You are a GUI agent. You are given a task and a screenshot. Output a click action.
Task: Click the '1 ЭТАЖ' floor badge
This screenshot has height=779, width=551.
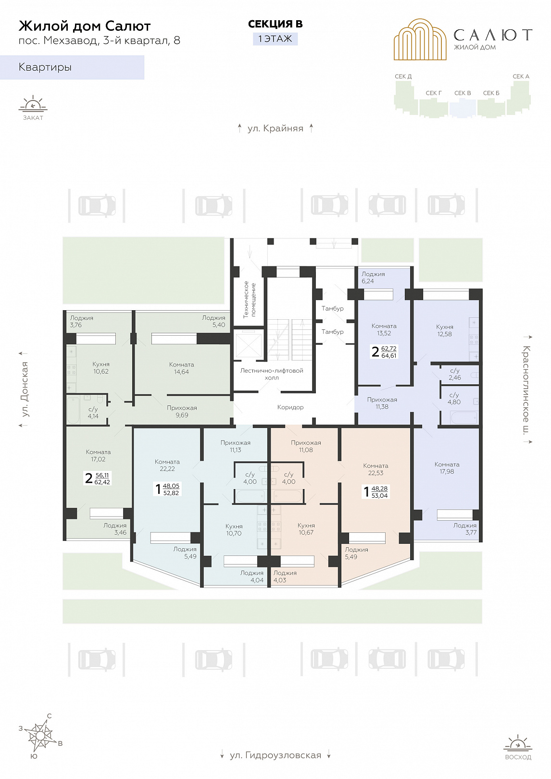tap(275, 38)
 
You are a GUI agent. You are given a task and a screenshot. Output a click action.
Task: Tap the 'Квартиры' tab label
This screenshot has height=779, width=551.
tap(45, 67)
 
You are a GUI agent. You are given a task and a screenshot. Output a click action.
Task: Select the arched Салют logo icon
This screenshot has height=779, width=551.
tap(420, 39)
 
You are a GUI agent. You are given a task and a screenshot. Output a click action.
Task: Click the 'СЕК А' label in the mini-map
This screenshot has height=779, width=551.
tap(521, 76)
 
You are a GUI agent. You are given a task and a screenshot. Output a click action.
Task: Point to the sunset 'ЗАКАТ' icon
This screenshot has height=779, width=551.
tap(33, 108)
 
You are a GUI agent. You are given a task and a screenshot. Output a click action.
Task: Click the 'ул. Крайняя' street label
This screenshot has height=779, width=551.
tap(275, 128)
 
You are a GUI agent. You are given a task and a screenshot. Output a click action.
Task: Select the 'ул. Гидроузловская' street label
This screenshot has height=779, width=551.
tap(275, 755)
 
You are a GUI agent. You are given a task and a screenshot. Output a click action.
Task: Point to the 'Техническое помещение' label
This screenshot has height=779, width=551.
tap(250, 300)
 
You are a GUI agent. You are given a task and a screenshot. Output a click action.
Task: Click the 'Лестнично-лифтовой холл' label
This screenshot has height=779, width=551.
tap(272, 374)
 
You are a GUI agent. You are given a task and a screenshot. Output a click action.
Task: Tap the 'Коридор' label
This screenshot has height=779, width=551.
tap(290, 407)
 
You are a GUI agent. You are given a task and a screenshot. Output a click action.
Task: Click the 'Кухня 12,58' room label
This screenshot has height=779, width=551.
tap(445, 330)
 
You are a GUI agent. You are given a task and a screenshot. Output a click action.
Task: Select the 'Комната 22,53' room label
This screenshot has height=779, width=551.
tap(376, 469)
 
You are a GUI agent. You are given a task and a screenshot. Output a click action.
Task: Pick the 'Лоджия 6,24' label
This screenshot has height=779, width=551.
tap(373, 277)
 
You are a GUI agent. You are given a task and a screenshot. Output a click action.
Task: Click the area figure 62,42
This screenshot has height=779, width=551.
tap(102, 482)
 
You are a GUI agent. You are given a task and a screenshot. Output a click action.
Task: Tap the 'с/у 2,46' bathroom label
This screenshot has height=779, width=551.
tap(455, 374)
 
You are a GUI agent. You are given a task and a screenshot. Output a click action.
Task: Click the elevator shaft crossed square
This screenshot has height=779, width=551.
tap(248, 345)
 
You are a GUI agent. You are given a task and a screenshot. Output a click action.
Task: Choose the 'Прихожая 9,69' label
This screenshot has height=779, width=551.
tap(182, 412)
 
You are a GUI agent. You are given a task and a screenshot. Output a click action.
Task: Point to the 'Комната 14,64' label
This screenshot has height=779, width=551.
tap(181, 368)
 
